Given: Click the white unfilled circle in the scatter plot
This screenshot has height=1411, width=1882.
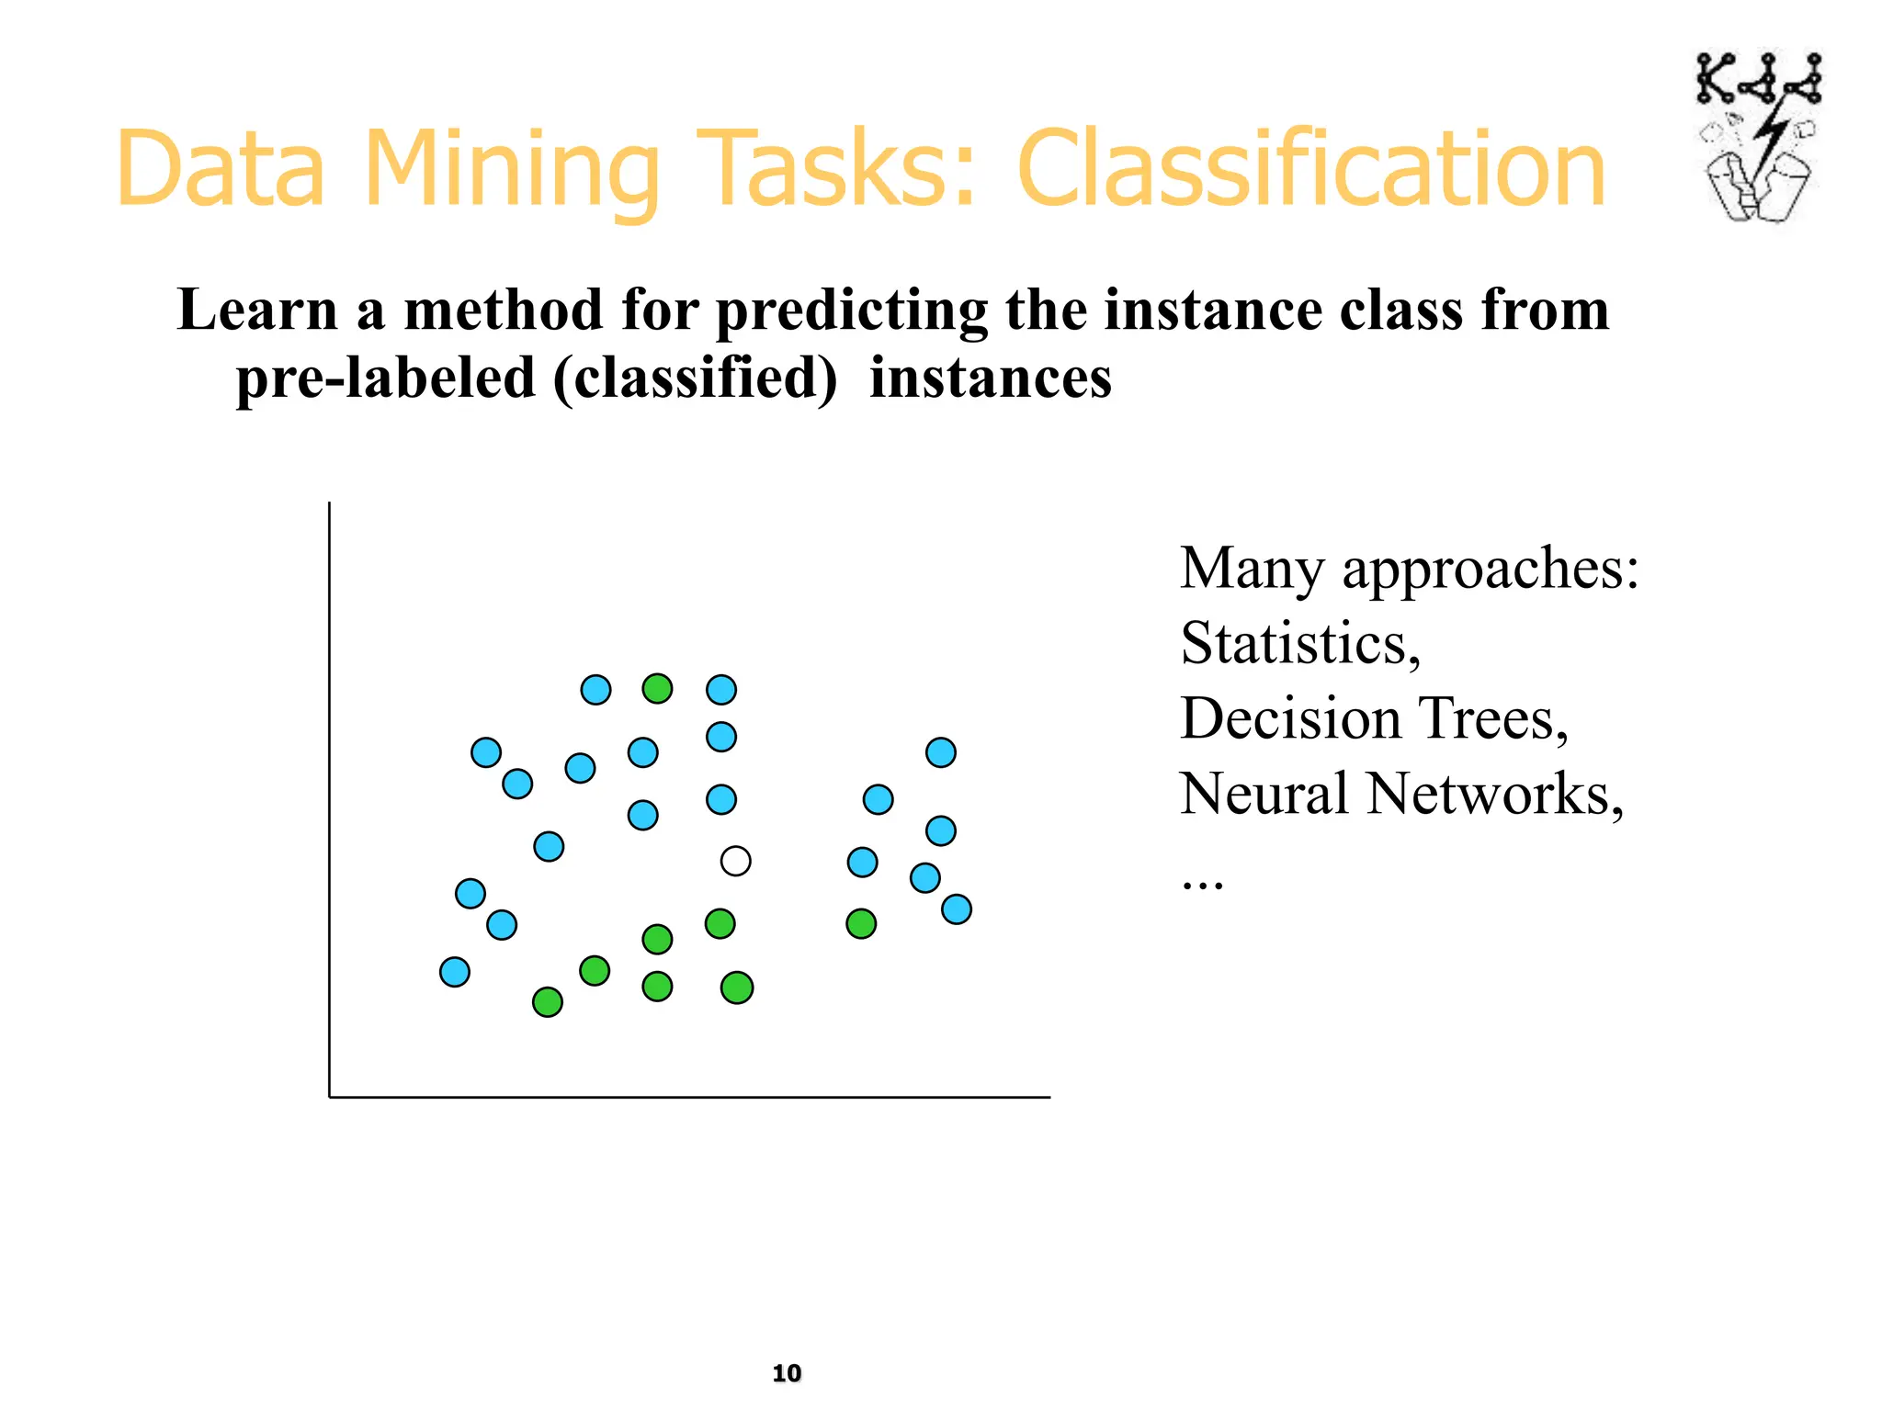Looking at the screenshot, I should point(735,861).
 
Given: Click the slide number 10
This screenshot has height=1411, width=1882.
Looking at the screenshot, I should point(787,1372).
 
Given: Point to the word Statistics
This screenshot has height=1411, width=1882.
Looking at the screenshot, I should point(1299,643).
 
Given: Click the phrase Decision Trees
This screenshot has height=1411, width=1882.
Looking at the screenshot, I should point(1373,718).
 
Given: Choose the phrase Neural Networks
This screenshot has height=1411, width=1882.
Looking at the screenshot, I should point(1400,794).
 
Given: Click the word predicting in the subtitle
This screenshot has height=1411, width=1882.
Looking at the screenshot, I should point(851,310).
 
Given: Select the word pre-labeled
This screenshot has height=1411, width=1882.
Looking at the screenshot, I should point(385,378).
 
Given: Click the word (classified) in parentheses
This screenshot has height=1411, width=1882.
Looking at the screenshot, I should point(696,378).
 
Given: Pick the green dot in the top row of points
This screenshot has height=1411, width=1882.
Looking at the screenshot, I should point(657,688).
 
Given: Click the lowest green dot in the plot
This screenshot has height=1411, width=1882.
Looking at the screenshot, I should point(548,1001).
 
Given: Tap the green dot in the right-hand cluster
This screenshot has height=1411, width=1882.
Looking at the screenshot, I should point(861,923).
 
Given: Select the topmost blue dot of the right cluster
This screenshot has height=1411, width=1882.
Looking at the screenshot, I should point(940,752).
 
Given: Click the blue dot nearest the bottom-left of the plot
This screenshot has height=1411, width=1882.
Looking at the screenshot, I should point(455,971).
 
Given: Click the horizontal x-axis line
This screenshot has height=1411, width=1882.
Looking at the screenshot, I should point(689,1096).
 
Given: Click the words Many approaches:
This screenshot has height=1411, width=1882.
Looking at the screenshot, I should point(1409,568).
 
